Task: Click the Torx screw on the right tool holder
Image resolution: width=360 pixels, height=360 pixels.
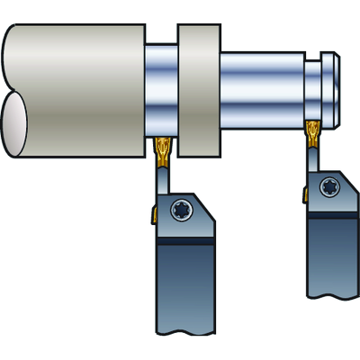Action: tap(328, 190)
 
